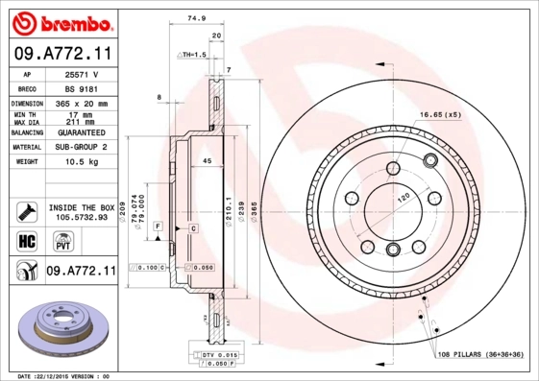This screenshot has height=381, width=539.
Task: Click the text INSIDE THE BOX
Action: [x=82, y=207]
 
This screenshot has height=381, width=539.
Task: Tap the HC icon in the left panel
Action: [x=27, y=239]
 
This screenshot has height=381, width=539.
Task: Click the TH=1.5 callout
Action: [x=193, y=55]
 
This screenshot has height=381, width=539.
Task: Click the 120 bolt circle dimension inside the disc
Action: [x=405, y=195]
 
